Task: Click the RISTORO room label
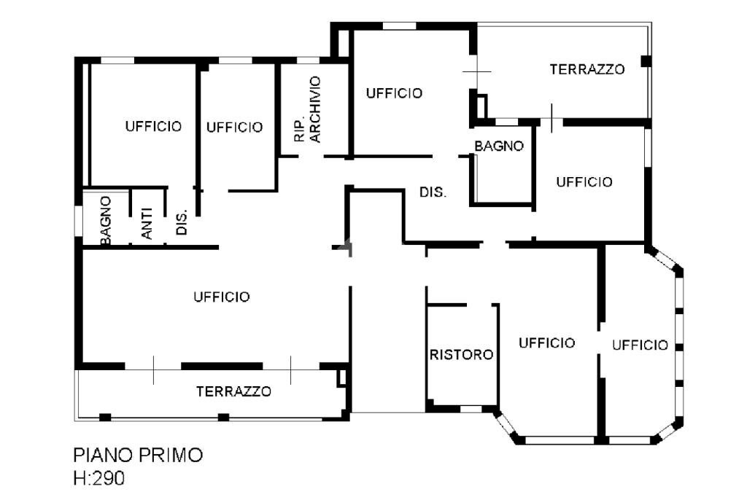click(x=461, y=355)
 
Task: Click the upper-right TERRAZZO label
click(x=587, y=70)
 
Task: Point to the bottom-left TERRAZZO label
click(x=233, y=391)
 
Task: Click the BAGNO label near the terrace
click(x=499, y=146)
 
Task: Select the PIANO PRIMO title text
click(x=138, y=455)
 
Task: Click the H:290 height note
click(x=99, y=478)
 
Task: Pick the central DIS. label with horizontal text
click(x=433, y=192)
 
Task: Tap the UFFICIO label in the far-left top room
click(x=153, y=126)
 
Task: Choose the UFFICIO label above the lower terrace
click(x=222, y=297)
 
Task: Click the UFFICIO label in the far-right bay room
click(x=640, y=345)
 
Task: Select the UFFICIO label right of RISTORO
click(x=547, y=343)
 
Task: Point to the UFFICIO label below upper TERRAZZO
click(x=584, y=181)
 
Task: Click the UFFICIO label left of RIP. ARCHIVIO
click(x=234, y=128)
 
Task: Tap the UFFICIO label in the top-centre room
click(x=394, y=93)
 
